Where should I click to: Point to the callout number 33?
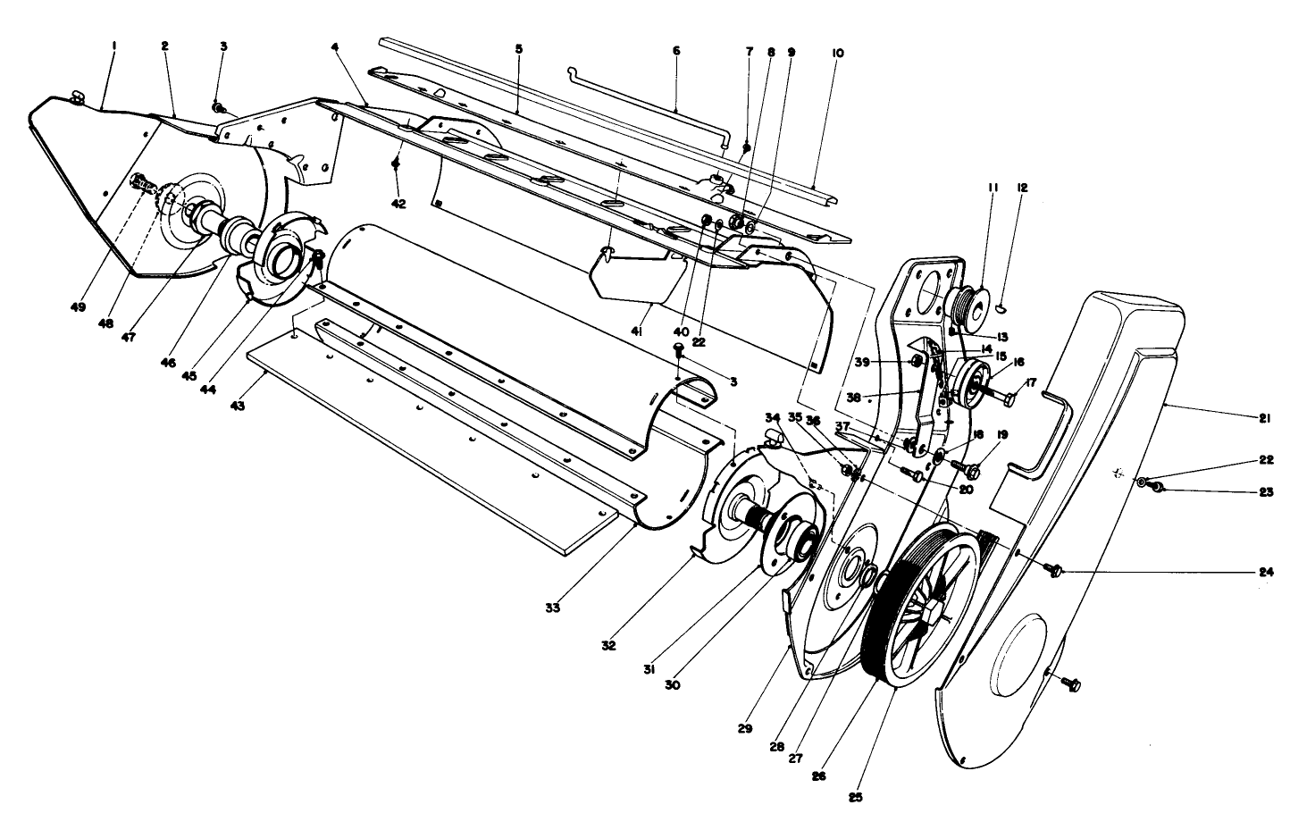552,608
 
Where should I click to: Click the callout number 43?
236,407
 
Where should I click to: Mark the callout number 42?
398,204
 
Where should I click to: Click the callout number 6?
676,51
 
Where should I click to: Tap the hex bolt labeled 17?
1008,394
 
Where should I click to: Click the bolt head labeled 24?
1055,570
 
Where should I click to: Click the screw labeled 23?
1156,487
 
